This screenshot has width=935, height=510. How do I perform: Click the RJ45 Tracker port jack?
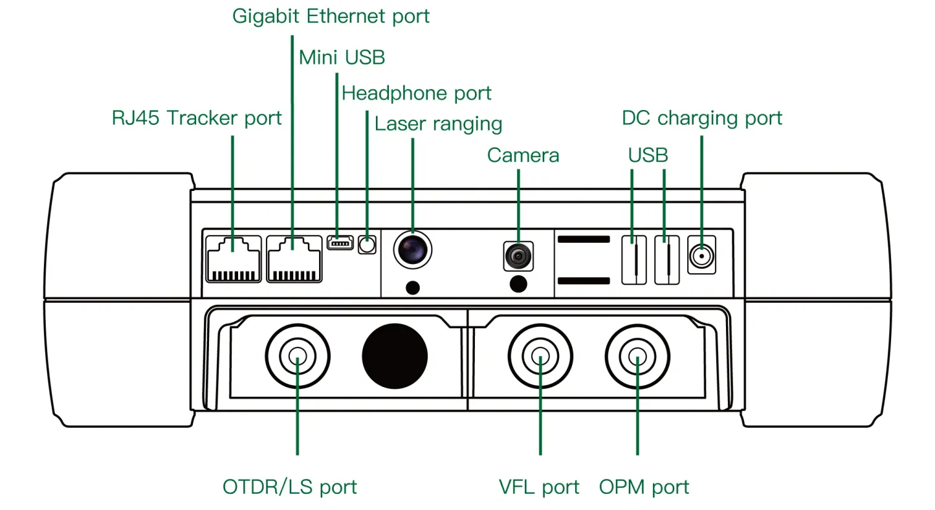(x=234, y=259)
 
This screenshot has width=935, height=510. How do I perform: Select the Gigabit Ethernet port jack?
(x=294, y=259)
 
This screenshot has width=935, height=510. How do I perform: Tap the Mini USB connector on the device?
(x=340, y=243)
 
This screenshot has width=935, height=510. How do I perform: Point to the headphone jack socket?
(x=367, y=245)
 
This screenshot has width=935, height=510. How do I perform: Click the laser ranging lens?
(x=413, y=248)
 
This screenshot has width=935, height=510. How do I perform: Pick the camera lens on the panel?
(x=518, y=256)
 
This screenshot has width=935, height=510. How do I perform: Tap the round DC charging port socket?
(x=701, y=256)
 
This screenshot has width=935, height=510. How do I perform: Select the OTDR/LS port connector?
(x=298, y=355)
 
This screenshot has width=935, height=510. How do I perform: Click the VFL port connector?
(x=540, y=355)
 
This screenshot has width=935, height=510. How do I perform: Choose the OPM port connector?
(x=637, y=355)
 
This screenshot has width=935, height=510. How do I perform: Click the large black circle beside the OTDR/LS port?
(x=395, y=355)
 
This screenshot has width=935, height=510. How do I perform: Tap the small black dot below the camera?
(x=518, y=283)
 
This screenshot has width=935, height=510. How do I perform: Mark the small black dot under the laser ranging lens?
(x=412, y=287)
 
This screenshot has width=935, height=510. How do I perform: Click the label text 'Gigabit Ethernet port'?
(x=331, y=16)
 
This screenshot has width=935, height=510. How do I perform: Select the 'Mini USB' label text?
(x=342, y=58)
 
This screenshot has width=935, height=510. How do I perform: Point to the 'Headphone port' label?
(x=416, y=93)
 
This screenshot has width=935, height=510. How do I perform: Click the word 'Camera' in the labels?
(x=523, y=155)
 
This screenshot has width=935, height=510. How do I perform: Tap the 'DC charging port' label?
(x=701, y=118)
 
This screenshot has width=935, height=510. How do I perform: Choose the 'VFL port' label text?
(x=539, y=487)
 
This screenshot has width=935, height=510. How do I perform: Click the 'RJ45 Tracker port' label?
(x=197, y=118)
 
